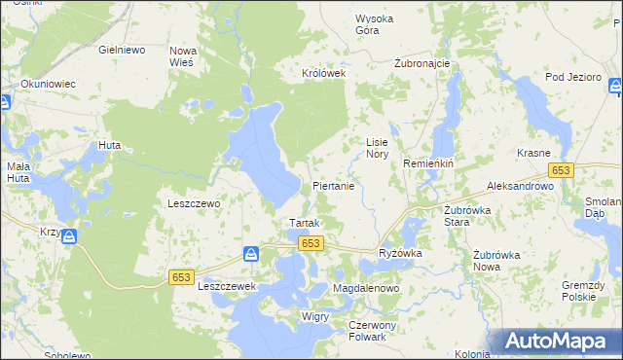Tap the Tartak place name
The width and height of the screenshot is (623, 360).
(298, 223)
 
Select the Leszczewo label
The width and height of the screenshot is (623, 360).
(195, 203)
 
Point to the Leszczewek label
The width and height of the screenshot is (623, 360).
(226, 287)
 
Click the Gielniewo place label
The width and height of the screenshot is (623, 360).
(123, 48)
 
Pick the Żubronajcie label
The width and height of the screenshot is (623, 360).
(421, 63)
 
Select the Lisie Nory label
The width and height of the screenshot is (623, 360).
(377, 148)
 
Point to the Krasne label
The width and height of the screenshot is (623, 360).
(534, 154)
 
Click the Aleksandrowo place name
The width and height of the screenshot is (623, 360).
(521, 185)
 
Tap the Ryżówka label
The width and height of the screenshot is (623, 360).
(399, 253)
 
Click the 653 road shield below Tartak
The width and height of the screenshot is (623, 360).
(311, 243)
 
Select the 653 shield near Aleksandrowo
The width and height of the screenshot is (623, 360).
(560, 170)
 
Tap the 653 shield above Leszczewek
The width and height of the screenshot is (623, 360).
(181, 277)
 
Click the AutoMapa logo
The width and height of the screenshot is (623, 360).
(560, 341)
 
